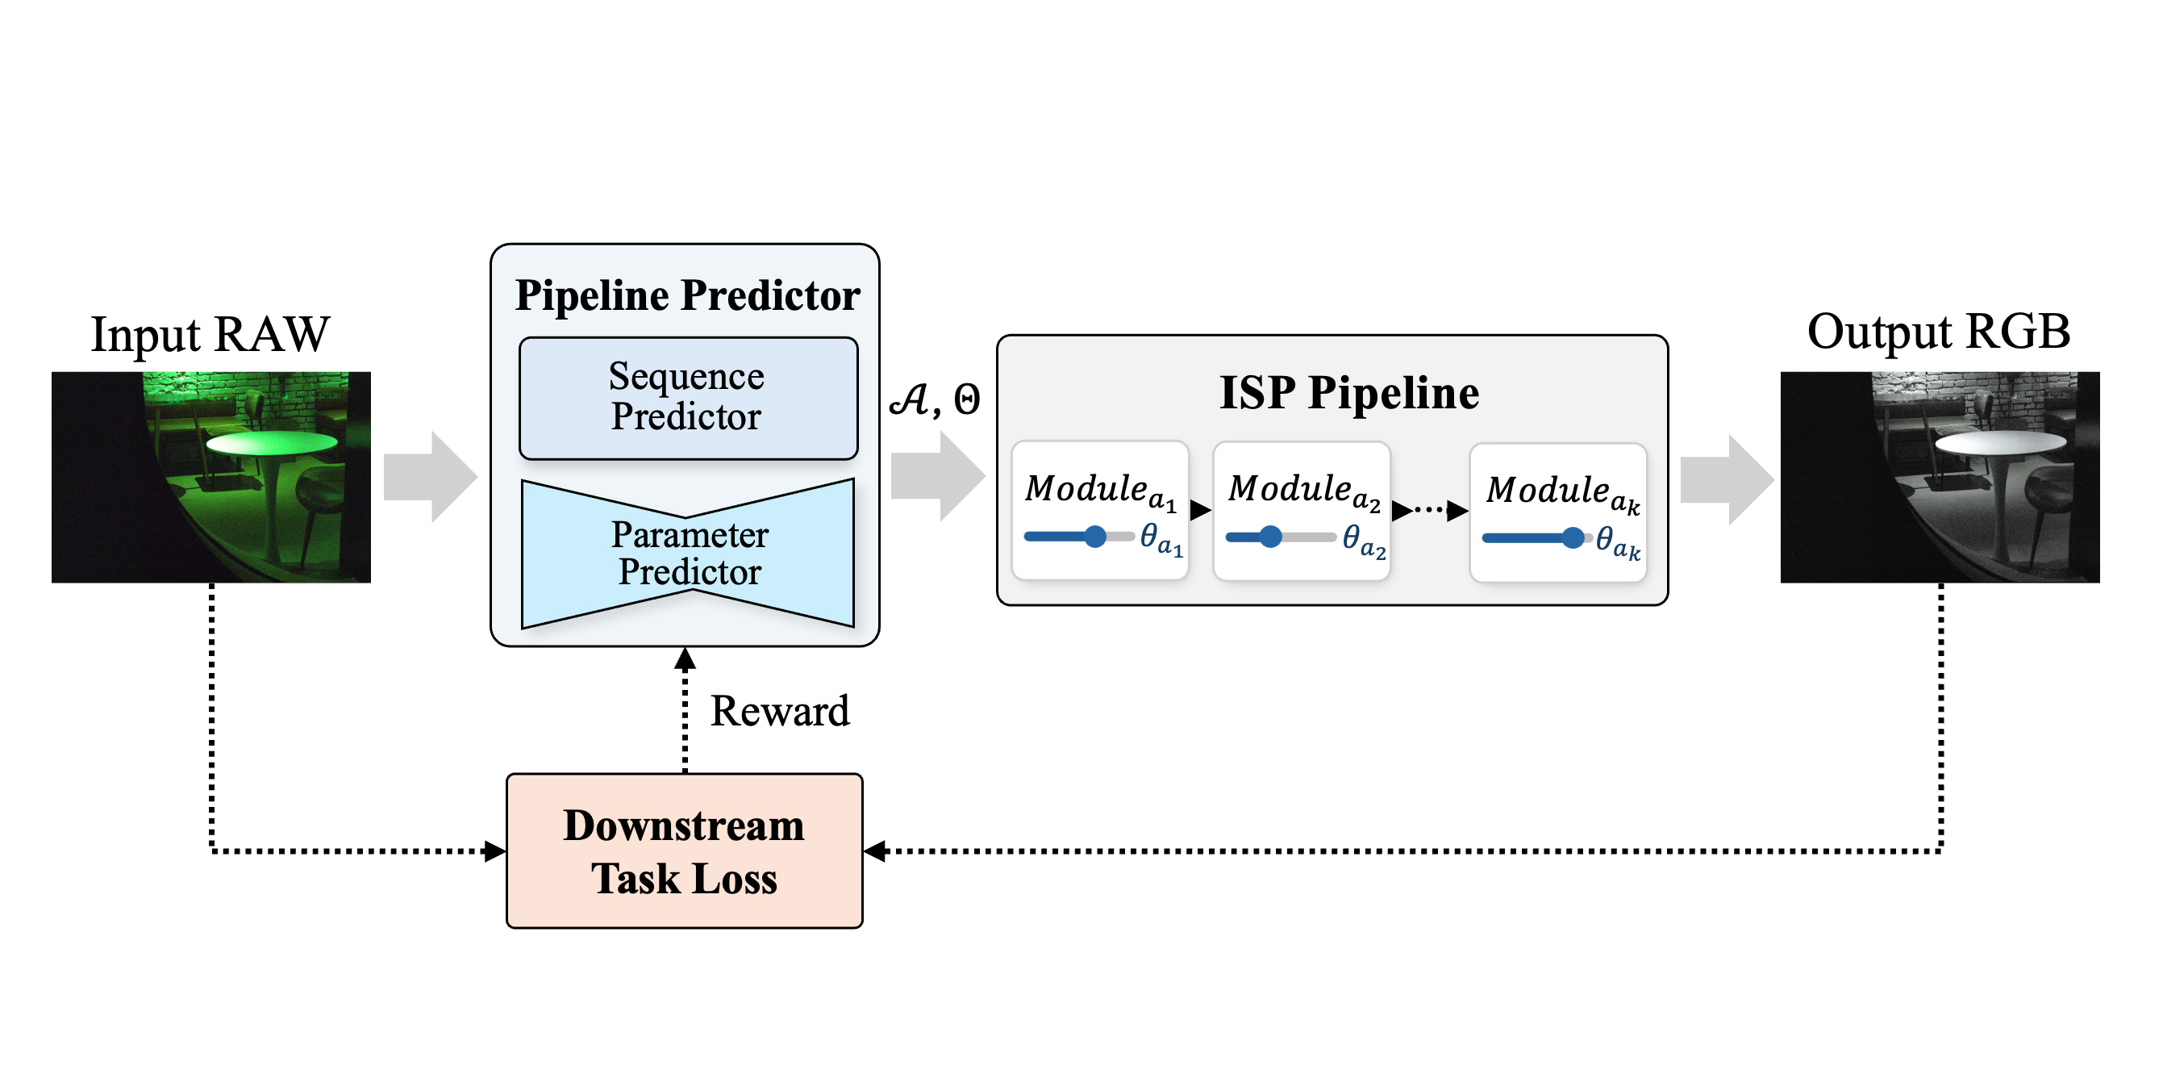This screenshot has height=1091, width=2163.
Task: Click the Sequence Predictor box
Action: pyautogui.click(x=688, y=398)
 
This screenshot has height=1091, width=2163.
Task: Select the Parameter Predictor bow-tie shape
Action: pyautogui.click(x=688, y=554)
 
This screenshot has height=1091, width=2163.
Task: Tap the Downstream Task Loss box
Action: pyautogui.click(x=685, y=851)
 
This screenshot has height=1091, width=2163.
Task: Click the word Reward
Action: pyautogui.click(x=779, y=712)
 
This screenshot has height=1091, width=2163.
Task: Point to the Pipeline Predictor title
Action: pyautogui.click(x=687, y=295)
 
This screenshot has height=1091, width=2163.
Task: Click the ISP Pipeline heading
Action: pyautogui.click(x=1348, y=393)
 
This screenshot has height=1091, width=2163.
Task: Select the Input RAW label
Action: pyautogui.click(x=210, y=334)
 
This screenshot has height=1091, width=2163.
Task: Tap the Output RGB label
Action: pyautogui.click(x=1938, y=332)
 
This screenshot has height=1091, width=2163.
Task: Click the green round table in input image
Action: pyautogui.click(x=271, y=443)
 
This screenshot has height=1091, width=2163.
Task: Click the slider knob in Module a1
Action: pyautogui.click(x=1095, y=537)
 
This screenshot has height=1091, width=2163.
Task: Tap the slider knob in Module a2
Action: pyautogui.click(x=1270, y=537)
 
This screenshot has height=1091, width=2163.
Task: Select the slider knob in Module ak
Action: pyautogui.click(x=1573, y=538)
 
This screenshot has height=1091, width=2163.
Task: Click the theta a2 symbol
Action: pyautogui.click(x=1362, y=540)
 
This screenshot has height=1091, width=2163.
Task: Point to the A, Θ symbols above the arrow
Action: pyautogui.click(x=934, y=399)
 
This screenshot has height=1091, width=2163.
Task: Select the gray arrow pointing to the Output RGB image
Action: pyautogui.click(x=1727, y=480)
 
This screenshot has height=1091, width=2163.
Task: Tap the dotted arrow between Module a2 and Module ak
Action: pyautogui.click(x=1429, y=510)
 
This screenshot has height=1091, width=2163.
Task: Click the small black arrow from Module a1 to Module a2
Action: pyautogui.click(x=1201, y=510)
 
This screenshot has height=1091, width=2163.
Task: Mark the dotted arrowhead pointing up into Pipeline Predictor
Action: pyautogui.click(x=686, y=659)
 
